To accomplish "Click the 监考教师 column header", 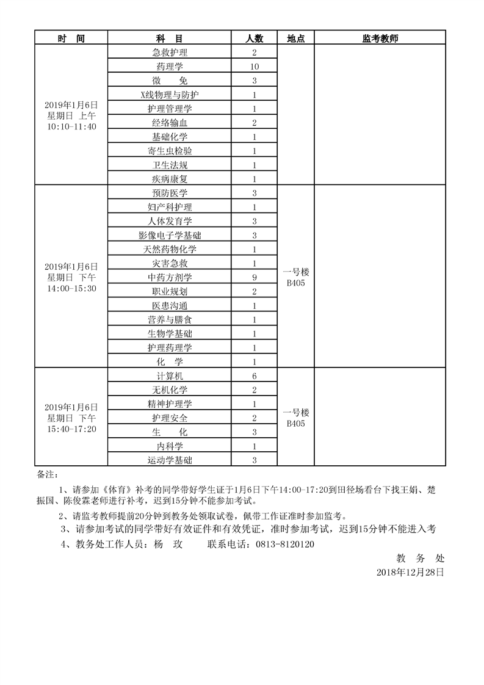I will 380,38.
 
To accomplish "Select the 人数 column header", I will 255,38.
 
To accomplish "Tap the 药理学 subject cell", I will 170,67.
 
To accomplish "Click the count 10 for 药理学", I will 255,67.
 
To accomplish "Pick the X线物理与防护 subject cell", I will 170,95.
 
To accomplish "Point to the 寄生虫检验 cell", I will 170,151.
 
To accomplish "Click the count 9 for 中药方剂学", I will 255,278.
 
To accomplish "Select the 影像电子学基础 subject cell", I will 170,236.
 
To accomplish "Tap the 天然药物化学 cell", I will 170,250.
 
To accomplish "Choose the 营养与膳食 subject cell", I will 170,320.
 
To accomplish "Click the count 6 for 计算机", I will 255,376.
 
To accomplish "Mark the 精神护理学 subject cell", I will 170,404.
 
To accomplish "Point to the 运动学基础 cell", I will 170,460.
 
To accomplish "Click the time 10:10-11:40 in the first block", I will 71,126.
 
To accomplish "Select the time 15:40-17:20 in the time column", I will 71,429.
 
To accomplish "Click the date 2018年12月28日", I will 410,572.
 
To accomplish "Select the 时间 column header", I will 71,38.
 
